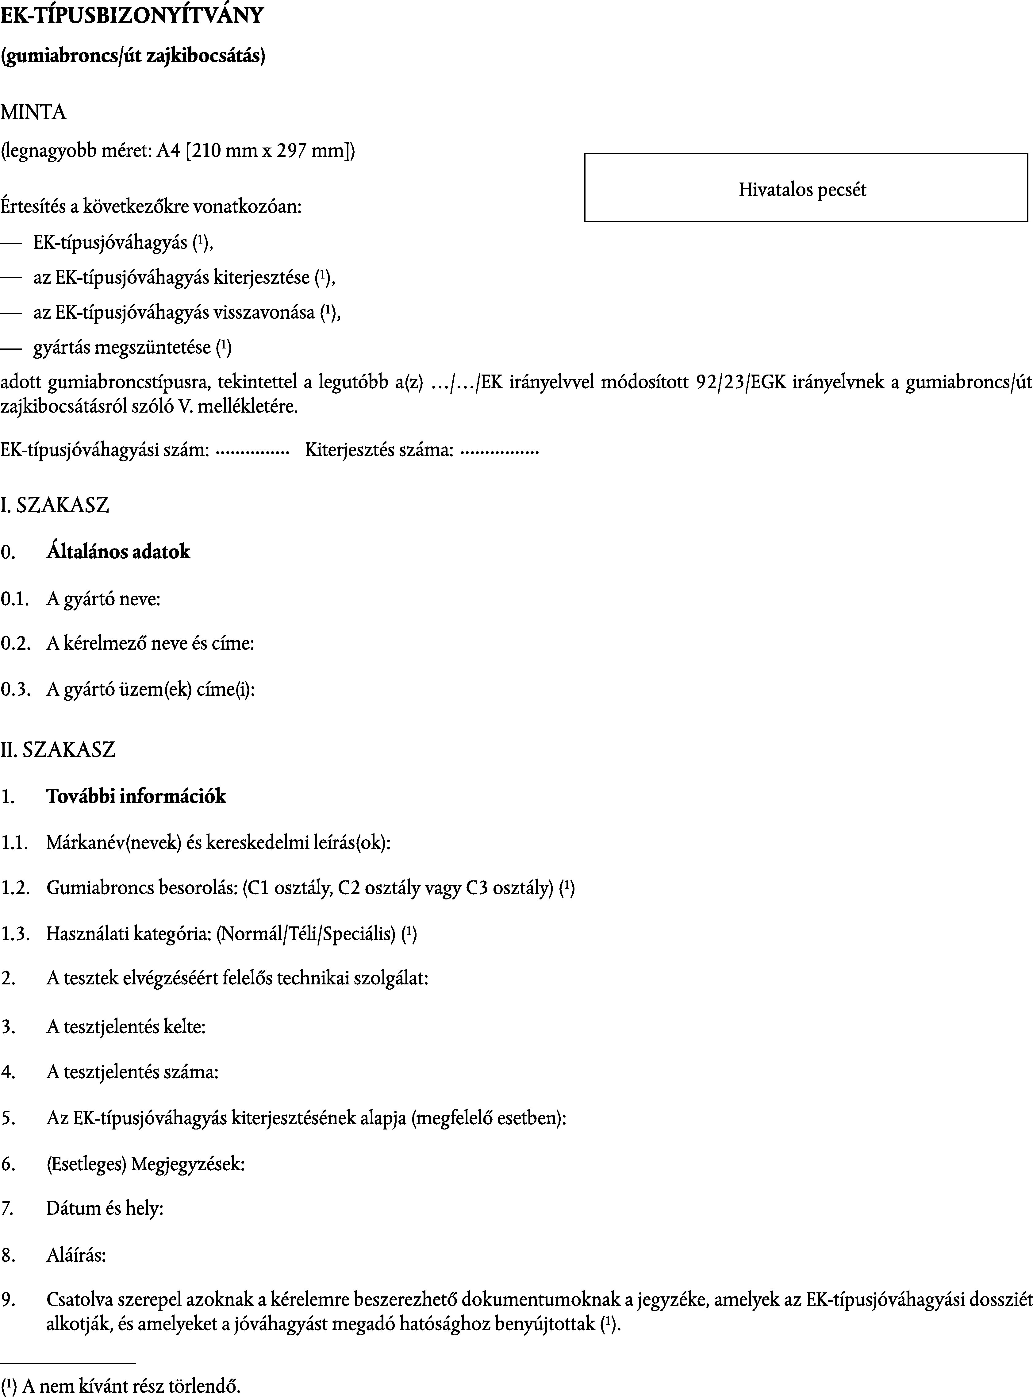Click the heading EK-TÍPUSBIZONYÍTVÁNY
(132, 16)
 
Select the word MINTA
(33, 113)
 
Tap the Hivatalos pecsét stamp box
(805, 188)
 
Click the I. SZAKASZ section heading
(55, 505)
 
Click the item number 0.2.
(15, 644)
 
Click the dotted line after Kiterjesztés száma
(499, 451)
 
